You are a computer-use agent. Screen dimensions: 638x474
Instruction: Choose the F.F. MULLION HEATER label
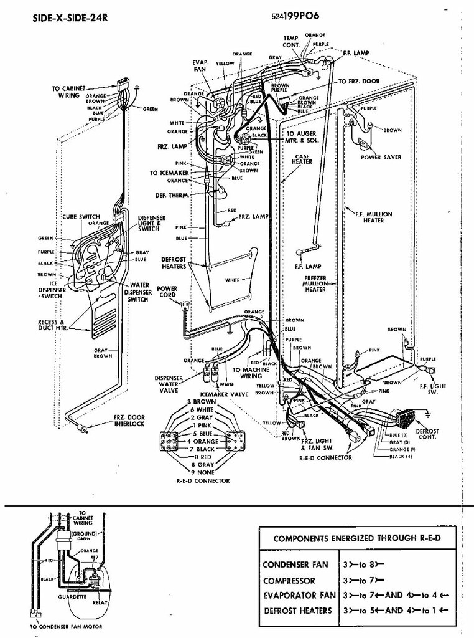click(x=373, y=217)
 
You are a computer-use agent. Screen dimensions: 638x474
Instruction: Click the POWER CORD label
click(x=167, y=292)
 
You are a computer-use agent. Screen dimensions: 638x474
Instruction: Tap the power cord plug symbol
click(x=184, y=306)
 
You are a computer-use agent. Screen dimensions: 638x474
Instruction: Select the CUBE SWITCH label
click(x=77, y=217)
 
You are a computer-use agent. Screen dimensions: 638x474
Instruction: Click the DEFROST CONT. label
click(x=427, y=434)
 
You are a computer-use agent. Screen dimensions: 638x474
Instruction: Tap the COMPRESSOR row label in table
click(x=290, y=579)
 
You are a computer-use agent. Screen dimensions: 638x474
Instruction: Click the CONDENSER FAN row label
click(x=295, y=564)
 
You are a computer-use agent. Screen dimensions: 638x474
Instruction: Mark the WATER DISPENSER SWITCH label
click(x=138, y=293)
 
